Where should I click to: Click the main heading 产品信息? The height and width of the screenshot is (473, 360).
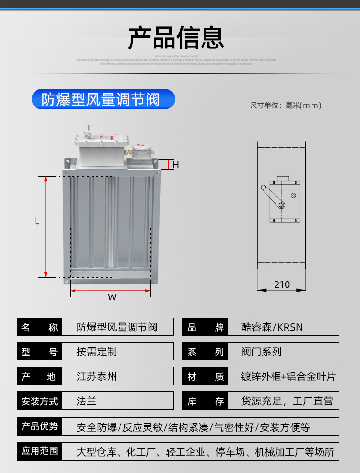[176, 38]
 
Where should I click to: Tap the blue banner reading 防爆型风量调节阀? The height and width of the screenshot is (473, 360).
[103, 99]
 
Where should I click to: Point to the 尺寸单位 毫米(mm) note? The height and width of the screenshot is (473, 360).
[286, 106]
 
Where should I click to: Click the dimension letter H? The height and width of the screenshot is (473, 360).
[176, 165]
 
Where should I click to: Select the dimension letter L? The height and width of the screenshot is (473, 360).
[37, 221]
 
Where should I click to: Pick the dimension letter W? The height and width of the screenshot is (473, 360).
[112, 297]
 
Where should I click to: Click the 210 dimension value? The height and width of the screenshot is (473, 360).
[282, 284]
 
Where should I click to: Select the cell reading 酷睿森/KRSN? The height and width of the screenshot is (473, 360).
[272, 327]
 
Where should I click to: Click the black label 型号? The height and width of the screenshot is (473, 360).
[40, 352]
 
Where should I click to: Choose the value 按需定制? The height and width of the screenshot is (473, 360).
[96, 352]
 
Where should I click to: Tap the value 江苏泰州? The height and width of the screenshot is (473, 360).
[96, 377]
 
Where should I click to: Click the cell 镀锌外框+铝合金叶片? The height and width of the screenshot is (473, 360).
[288, 377]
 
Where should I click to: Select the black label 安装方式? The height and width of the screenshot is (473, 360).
[40, 401]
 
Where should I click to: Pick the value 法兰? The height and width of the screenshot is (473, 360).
[87, 401]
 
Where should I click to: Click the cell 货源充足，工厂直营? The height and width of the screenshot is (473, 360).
[287, 401]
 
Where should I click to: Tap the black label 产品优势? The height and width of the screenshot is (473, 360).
[40, 426]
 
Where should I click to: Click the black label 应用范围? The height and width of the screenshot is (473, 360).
[40, 451]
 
